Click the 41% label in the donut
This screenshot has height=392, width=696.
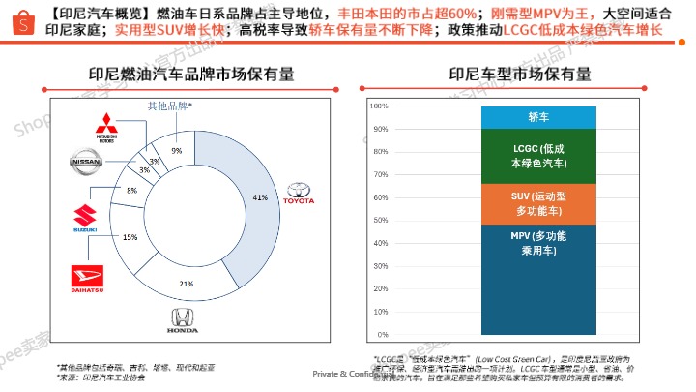[260, 197]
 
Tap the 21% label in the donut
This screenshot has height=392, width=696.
[187, 283]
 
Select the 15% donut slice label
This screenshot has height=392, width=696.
[130, 237]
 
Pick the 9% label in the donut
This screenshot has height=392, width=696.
[176, 150]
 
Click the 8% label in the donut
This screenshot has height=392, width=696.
[131, 191]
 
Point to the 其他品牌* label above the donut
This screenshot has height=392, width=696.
[169, 106]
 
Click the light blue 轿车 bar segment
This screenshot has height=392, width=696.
[538, 117]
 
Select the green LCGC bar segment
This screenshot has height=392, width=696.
[538, 156]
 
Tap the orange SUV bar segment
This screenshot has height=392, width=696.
[538, 203]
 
